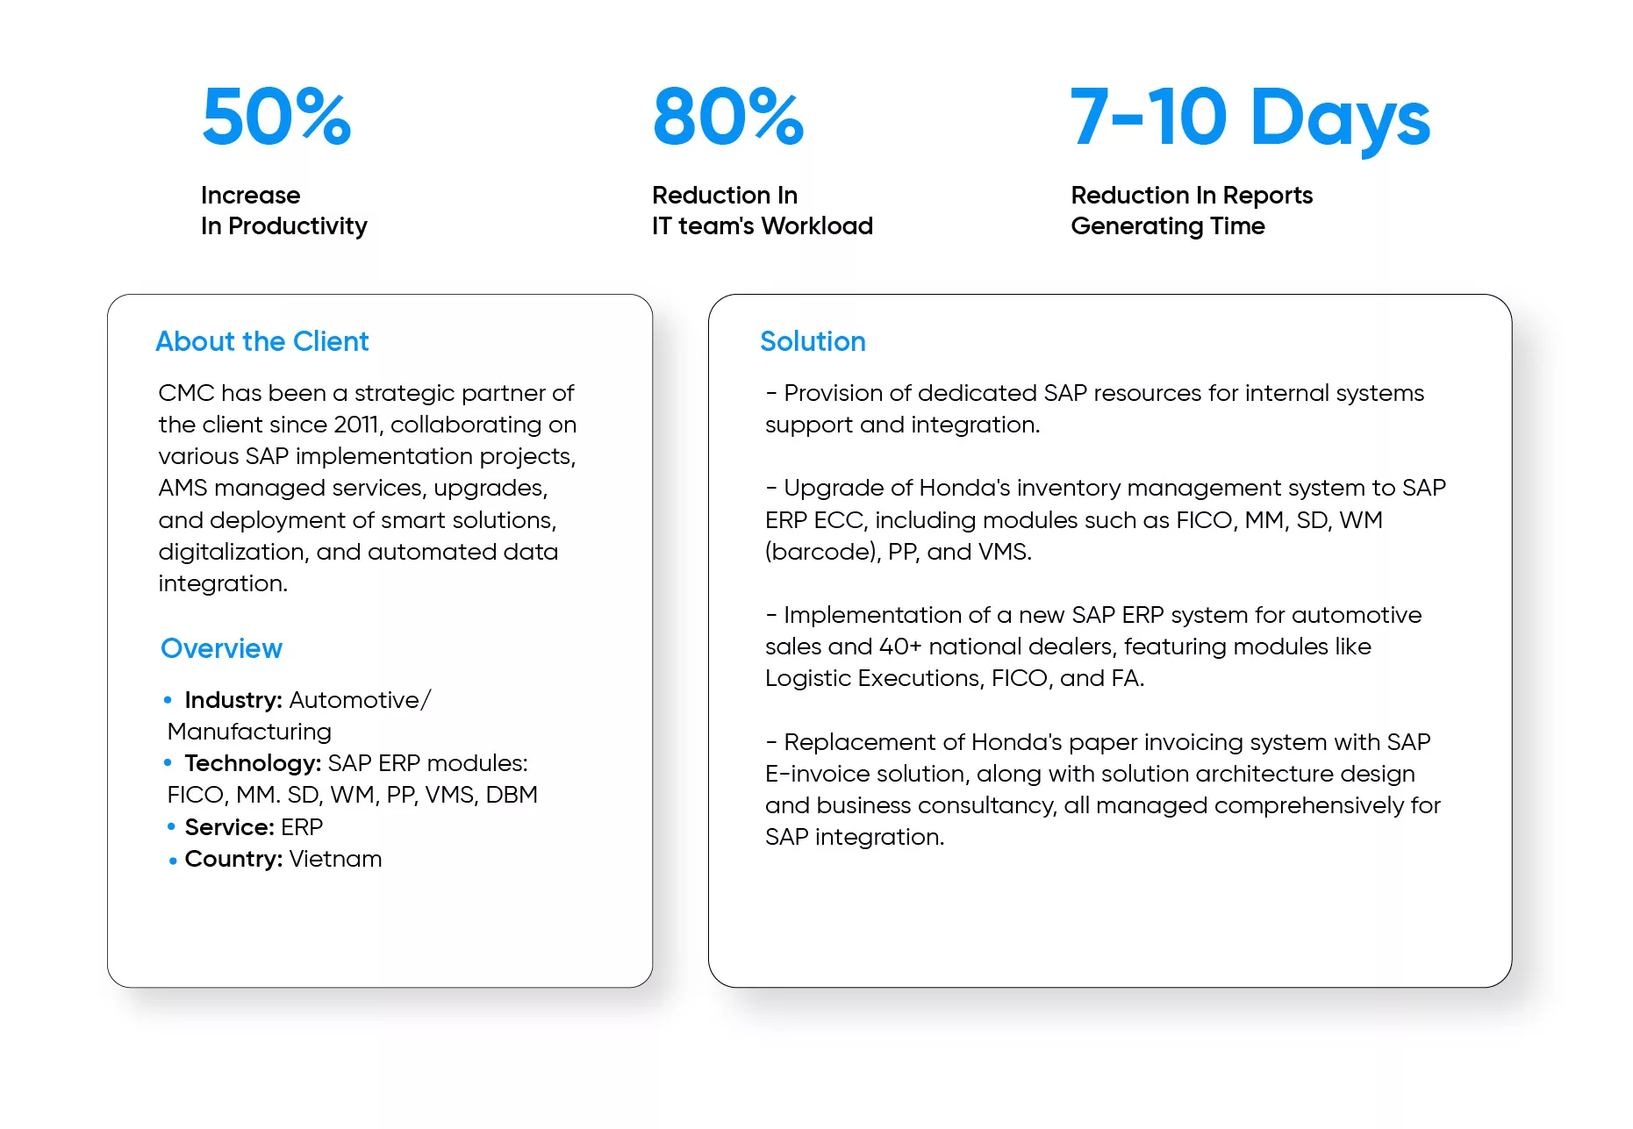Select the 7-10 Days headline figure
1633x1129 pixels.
point(1250,118)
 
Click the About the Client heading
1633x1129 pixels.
point(262,341)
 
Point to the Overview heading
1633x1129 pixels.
point(222,648)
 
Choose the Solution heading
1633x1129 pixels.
point(813,341)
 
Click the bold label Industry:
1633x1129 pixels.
point(233,700)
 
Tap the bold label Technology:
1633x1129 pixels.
point(253,763)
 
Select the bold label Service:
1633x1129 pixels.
point(230,827)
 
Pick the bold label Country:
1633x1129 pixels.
point(233,859)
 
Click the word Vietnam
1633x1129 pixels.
point(335,859)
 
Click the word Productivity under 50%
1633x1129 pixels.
point(297,226)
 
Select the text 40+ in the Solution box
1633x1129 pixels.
point(900,647)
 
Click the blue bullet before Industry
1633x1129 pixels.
point(168,699)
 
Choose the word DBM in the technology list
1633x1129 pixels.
point(512,795)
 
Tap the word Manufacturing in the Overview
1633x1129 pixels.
point(249,732)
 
